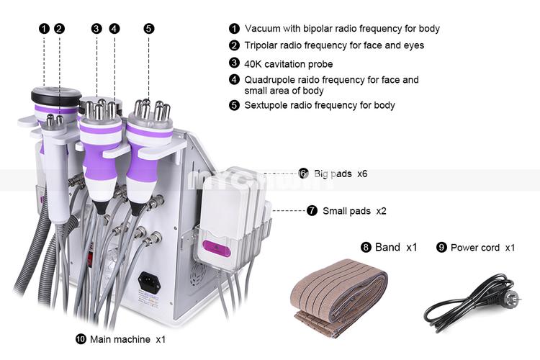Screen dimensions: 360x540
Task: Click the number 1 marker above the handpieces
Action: click(x=44, y=29)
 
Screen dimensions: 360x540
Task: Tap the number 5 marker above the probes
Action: click(x=148, y=29)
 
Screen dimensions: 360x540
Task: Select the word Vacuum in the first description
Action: click(x=263, y=29)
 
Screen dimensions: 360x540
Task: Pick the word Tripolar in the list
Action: click(x=264, y=45)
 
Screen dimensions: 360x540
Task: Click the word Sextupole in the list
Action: click(x=266, y=105)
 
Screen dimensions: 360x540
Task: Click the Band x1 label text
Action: click(x=395, y=247)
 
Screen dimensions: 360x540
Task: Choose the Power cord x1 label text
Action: click(x=482, y=248)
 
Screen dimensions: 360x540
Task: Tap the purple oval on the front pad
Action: click(x=216, y=246)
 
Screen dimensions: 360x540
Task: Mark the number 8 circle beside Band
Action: click(x=366, y=247)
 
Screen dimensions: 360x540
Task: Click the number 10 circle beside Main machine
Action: click(x=81, y=339)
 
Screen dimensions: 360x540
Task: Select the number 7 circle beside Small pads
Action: click(x=312, y=211)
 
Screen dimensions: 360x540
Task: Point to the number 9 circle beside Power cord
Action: click(x=441, y=248)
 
